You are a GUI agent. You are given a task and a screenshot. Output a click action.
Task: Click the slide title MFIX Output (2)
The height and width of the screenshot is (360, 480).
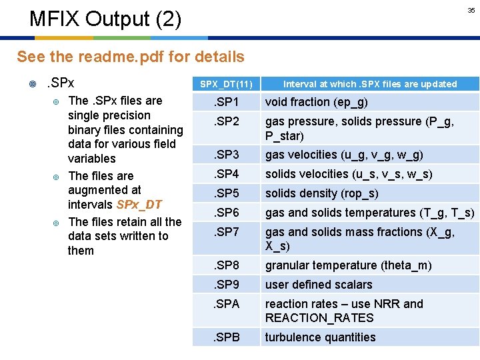(105, 19)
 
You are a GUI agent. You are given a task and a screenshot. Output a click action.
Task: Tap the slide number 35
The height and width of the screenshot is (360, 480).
(471, 11)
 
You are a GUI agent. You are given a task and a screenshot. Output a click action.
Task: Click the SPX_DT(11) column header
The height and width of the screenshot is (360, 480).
(227, 84)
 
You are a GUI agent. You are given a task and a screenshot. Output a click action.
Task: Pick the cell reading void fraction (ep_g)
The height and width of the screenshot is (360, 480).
(317, 102)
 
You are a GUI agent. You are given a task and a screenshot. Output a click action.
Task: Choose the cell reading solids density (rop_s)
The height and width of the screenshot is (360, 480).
(322, 193)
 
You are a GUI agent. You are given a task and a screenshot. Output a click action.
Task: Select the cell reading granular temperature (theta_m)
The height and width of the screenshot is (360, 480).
(349, 265)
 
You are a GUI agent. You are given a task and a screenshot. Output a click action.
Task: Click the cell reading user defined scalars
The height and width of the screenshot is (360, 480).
(319, 285)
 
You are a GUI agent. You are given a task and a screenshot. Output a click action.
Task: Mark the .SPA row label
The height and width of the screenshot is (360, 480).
(226, 304)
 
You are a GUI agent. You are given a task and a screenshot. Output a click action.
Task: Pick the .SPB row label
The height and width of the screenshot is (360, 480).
(226, 337)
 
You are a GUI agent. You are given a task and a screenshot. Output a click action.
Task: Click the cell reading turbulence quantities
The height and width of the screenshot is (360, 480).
(321, 337)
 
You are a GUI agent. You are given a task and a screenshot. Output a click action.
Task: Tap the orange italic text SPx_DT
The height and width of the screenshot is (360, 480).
(139, 205)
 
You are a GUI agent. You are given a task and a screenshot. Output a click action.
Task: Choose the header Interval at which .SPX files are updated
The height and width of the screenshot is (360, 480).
(370, 84)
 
